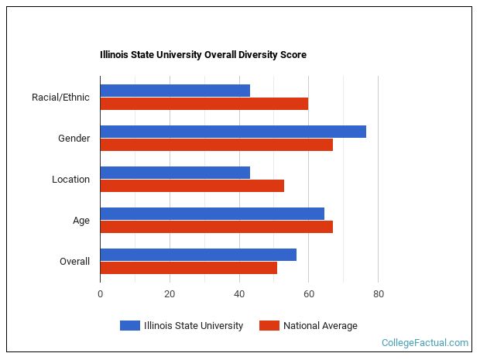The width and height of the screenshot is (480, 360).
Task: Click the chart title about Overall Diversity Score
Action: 203,55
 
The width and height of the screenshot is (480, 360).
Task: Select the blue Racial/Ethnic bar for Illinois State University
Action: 175,91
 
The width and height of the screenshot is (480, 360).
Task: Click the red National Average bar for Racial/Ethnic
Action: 204,104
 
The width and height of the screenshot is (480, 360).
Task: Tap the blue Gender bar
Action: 233,132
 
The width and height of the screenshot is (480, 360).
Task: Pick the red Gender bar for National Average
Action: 216,145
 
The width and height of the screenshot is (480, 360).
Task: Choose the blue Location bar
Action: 175,173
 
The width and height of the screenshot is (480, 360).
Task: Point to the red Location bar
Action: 192,186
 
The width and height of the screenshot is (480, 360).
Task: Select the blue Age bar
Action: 212,214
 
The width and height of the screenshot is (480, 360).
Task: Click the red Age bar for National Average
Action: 216,227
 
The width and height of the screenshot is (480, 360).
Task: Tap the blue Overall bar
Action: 198,255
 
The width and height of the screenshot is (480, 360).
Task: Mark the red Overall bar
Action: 188,268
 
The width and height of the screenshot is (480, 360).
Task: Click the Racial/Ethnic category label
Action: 60,98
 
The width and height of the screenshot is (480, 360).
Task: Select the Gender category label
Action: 74,139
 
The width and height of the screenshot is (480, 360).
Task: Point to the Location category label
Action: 70,180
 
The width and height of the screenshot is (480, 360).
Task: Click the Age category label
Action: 81,221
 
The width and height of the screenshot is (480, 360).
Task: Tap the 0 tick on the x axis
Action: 100,294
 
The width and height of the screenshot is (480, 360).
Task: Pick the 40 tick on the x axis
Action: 239,294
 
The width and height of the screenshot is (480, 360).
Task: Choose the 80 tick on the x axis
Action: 378,294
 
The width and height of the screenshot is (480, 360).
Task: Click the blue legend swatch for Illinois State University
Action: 130,326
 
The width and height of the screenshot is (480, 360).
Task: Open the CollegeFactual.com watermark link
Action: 425,342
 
